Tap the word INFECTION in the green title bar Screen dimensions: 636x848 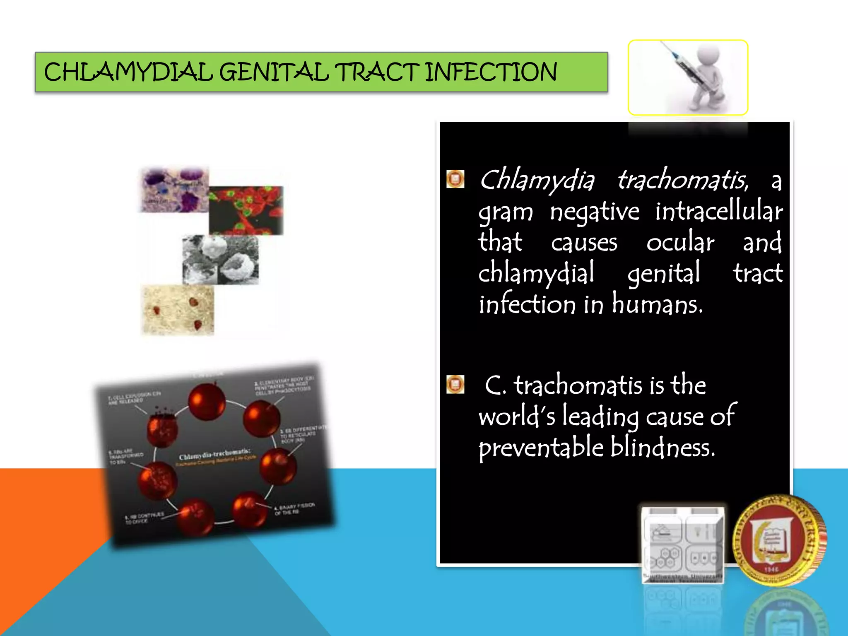491,72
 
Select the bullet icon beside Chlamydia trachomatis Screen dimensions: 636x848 455,179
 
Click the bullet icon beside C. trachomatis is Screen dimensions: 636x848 455,384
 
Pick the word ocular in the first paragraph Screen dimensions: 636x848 680,243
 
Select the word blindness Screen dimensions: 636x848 662,448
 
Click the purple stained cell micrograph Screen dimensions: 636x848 174,190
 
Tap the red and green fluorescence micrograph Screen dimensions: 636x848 246,210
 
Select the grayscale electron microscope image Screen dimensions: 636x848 220,260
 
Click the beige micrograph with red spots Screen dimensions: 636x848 178,310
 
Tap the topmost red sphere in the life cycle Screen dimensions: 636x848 207,401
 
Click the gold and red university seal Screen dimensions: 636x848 778,540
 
